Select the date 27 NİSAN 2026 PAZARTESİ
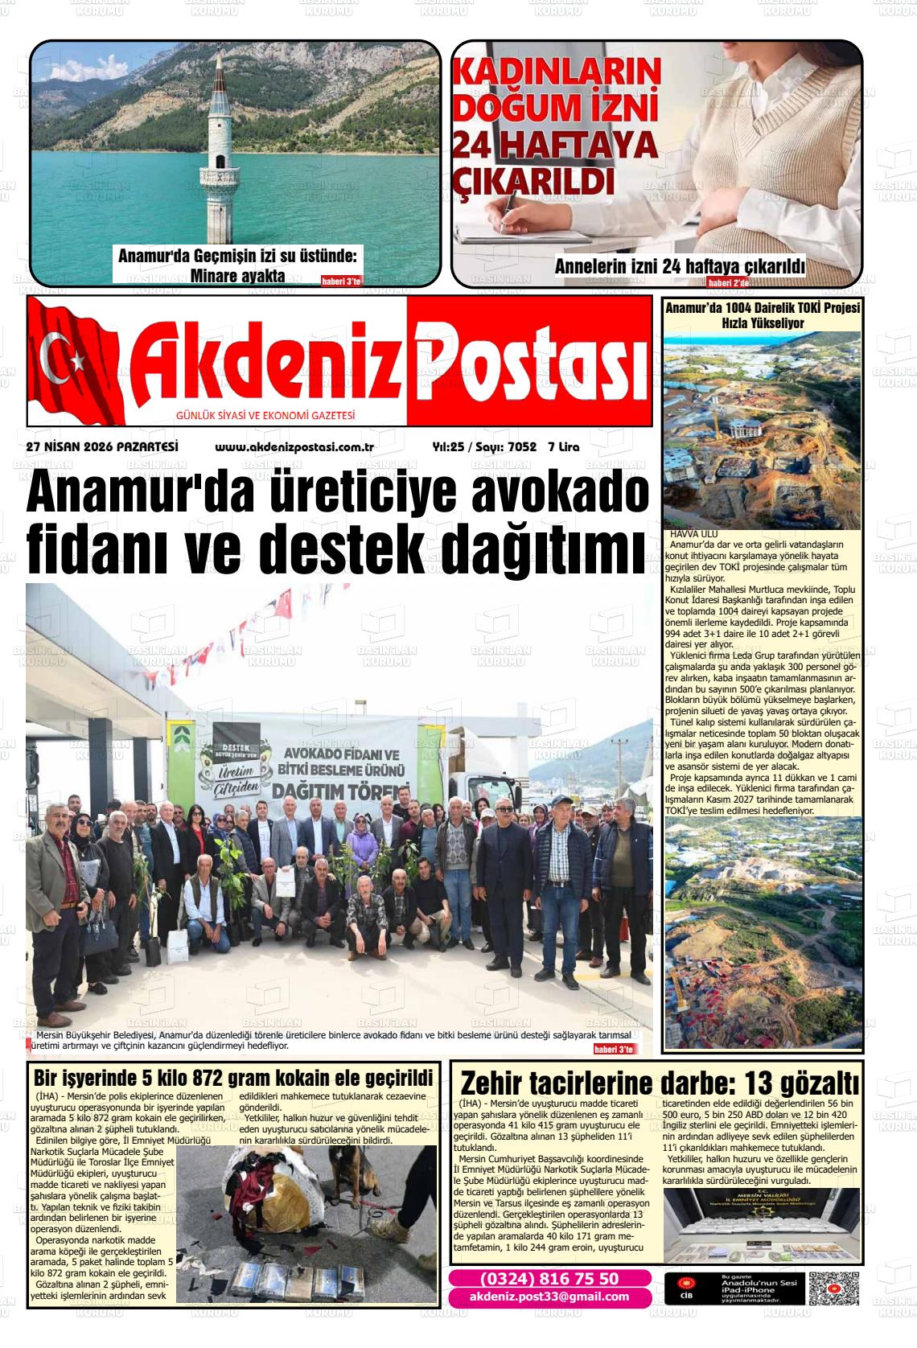[x=101, y=447]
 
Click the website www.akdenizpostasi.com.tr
[x=294, y=447]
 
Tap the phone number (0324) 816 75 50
[x=549, y=1279]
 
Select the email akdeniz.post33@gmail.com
[x=549, y=1297]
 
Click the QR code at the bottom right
[x=834, y=1288]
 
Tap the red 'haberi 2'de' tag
[x=728, y=283]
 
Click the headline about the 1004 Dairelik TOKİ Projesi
[x=763, y=315]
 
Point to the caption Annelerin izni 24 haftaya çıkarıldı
[x=680, y=266]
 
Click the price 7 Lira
[x=563, y=447]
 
